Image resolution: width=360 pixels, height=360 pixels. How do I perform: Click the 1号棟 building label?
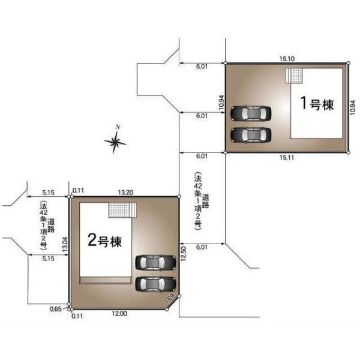317,104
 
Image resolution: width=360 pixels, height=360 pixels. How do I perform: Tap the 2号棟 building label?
104,241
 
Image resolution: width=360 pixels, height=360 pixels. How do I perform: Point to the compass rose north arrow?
115,140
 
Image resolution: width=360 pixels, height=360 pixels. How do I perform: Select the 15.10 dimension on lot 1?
287,59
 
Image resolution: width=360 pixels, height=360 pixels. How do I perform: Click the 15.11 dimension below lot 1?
287,158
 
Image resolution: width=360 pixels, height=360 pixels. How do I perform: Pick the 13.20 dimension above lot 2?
125,193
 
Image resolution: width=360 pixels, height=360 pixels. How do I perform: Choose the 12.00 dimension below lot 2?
119,313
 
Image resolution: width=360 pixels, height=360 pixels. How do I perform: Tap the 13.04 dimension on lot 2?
65,245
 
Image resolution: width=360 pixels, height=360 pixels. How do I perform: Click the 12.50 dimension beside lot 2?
184,254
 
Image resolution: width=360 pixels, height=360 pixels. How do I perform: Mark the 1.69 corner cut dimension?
170,299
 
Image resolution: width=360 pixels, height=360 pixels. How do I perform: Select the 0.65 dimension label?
56,309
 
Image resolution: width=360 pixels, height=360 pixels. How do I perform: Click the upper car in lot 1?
251,113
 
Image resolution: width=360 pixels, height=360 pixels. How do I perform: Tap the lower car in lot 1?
251,135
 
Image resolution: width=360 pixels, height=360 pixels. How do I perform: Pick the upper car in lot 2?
155,263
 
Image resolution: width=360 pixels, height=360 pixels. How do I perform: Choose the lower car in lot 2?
155,284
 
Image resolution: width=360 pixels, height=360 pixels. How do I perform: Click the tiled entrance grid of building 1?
296,76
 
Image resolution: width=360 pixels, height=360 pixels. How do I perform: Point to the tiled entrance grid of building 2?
119,210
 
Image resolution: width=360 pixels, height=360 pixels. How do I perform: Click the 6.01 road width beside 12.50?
202,247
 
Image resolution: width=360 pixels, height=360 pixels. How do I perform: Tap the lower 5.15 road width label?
48,259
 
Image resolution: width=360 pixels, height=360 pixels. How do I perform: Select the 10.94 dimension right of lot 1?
352,107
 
